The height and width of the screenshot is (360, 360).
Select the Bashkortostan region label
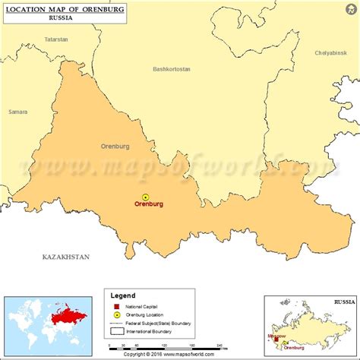(171, 69)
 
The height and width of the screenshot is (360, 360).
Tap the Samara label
(18, 112)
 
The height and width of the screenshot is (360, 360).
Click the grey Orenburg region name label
(115, 146)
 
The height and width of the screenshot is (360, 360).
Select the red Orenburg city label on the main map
(149, 204)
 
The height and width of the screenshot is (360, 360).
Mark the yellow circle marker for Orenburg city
(146, 196)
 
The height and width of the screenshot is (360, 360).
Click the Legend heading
(123, 295)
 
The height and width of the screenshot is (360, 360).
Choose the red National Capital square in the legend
(116, 306)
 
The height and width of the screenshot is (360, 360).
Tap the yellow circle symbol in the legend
(116, 314)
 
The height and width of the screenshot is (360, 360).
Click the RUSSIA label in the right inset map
(343, 302)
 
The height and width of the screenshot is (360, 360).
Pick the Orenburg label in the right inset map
(295, 347)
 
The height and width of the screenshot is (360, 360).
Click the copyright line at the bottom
(180, 355)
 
